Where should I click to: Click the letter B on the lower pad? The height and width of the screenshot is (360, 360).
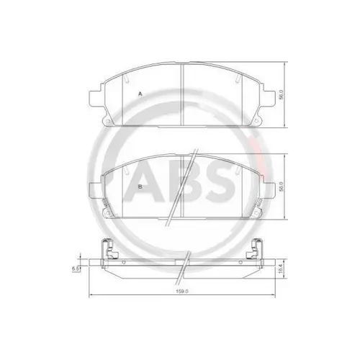[x=140, y=186]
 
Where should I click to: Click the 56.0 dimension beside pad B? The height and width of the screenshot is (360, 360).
[x=281, y=186]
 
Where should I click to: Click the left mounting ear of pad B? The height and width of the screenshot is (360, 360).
[x=94, y=190]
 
